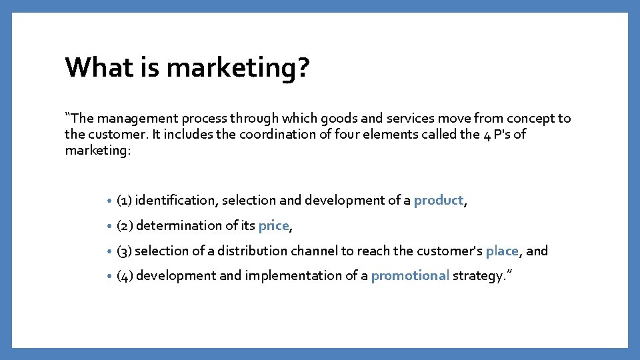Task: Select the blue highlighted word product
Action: pos(438,201)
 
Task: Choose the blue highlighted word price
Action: pos(273,226)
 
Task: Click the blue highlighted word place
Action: pos(501,251)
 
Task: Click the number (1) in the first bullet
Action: pos(124,201)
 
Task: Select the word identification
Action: pos(176,201)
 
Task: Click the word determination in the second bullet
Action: pos(179,226)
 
